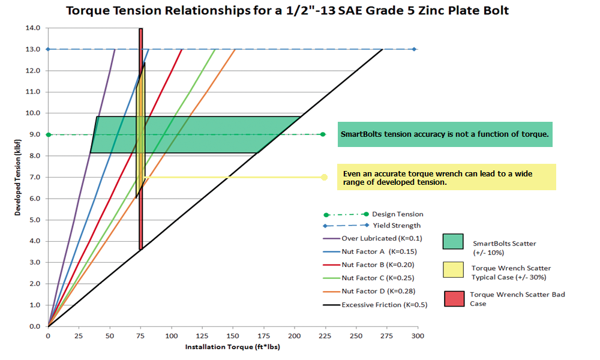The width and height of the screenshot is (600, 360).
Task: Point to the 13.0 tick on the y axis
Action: click(34, 49)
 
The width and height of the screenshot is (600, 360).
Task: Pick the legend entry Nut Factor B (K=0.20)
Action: click(377, 265)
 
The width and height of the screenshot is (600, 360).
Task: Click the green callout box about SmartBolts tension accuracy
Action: click(445, 134)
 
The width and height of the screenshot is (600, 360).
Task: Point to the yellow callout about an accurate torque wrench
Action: click(446, 177)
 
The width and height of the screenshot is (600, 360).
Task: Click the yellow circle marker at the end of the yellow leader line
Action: click(324, 177)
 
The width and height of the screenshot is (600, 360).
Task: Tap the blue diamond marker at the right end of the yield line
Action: click(414, 49)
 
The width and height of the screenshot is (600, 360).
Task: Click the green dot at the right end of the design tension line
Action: click(323, 134)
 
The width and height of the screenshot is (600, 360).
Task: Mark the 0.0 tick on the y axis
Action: click(34, 326)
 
